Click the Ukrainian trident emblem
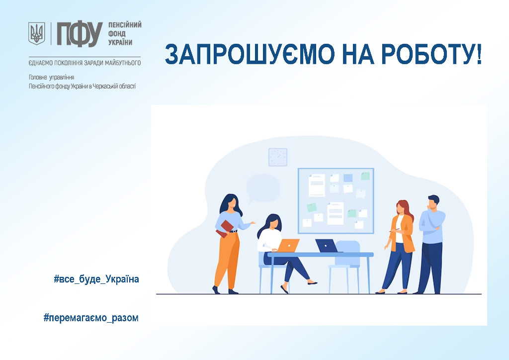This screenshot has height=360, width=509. click(37, 33)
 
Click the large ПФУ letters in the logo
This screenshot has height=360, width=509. click(80, 34)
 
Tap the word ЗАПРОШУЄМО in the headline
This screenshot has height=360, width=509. click(250, 54)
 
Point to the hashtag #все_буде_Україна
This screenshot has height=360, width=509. click(96, 279)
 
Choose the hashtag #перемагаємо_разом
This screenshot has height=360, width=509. click(91, 318)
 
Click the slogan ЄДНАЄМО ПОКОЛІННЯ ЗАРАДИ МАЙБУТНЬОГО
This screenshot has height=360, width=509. click(85, 63)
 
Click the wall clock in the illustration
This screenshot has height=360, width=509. click(278, 157)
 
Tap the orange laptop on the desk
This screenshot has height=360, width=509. click(287, 246)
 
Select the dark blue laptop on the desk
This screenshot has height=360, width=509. click(327, 246)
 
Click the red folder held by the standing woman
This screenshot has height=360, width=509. click(225, 229)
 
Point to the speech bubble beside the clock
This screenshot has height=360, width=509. click(262, 189)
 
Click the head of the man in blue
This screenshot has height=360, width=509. click(433, 202)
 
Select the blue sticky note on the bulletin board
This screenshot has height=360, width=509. click(348, 178)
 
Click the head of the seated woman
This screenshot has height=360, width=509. click(273, 222)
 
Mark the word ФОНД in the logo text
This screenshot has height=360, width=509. click(117, 34)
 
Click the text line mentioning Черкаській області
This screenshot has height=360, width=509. click(82, 87)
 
